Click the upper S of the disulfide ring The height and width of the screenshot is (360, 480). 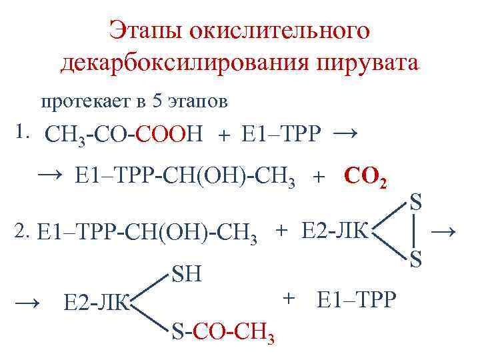point(415,202)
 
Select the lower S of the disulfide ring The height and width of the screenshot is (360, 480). point(415,259)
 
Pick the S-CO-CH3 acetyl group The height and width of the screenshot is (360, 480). point(224,331)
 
